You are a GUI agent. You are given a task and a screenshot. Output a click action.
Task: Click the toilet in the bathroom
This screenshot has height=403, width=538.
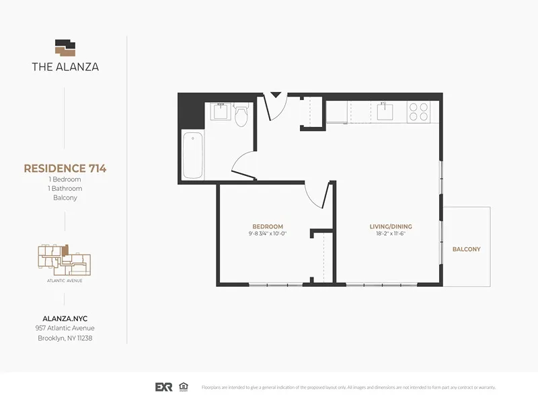click(x=241, y=116)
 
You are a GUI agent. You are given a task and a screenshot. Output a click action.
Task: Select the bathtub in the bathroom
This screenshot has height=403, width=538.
click(x=193, y=155)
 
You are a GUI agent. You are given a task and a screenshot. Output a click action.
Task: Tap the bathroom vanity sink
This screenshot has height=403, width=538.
click(x=219, y=111)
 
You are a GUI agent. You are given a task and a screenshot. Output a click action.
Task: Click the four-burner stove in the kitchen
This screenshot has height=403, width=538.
click(x=419, y=111)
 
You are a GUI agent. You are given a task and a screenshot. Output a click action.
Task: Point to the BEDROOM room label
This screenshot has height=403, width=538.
click(x=267, y=226)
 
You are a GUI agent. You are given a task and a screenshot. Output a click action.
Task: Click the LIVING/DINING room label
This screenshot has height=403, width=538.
click(x=390, y=226)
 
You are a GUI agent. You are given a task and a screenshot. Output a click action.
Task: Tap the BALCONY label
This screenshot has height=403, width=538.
click(x=466, y=249)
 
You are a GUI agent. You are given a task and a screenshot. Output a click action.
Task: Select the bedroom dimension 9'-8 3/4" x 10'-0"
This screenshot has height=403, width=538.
click(x=267, y=234)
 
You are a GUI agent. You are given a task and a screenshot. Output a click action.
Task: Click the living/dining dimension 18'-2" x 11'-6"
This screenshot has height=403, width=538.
click(x=390, y=234)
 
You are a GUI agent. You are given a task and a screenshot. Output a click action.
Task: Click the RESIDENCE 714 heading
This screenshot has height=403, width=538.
click(x=65, y=169)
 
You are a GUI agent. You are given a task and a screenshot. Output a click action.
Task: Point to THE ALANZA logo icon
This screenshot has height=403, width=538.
click(x=65, y=48)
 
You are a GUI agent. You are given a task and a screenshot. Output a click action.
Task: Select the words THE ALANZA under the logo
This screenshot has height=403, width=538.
click(x=65, y=66)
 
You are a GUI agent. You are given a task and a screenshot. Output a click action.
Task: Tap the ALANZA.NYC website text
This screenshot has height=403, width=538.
click(x=65, y=318)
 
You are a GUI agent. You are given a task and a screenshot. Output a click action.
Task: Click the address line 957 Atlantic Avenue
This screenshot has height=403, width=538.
click(x=65, y=328)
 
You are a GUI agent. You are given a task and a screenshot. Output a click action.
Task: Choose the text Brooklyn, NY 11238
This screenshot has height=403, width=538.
click(x=65, y=338)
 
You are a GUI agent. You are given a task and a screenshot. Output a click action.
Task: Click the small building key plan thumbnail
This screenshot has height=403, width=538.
click(x=65, y=259)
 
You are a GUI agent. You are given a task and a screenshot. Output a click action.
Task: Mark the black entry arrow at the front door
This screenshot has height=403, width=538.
click(x=274, y=95)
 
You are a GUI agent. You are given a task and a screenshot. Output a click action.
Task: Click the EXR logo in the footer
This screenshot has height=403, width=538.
click(x=164, y=388)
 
